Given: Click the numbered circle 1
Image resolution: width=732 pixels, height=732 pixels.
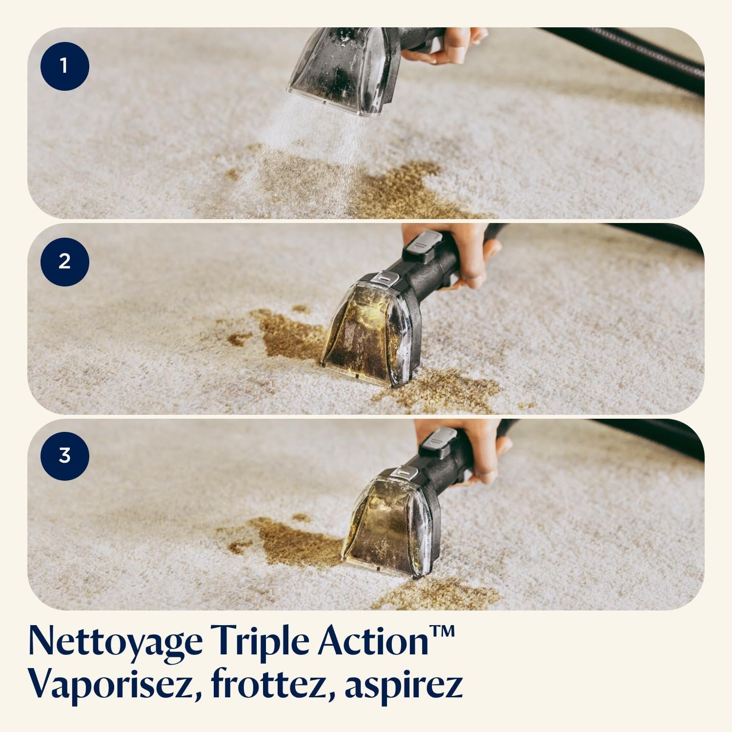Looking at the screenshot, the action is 65,66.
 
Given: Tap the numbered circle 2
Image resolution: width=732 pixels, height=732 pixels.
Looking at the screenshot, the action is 65,262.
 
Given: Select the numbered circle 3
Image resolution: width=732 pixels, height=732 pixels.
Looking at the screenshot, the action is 65,456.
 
